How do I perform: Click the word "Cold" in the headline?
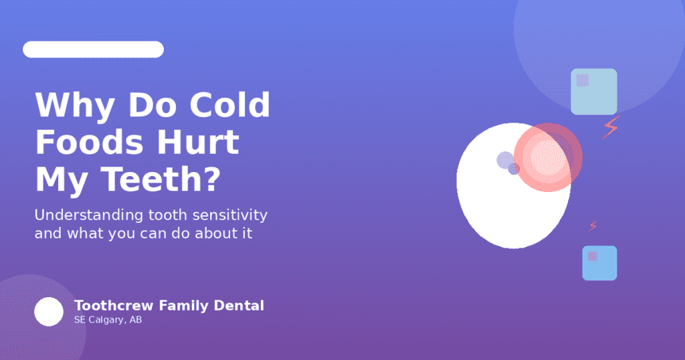click(x=229, y=106)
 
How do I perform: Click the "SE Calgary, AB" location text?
click(x=108, y=320)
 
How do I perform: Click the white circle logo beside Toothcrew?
click(x=49, y=312)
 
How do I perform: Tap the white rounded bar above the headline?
click(x=93, y=50)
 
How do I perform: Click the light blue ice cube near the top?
click(x=594, y=92)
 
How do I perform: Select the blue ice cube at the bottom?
click(x=599, y=263)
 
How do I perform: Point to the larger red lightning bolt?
click(x=611, y=126)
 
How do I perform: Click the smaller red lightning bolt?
click(x=593, y=226)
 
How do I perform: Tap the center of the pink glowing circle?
click(x=548, y=158)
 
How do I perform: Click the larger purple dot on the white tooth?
click(x=505, y=160)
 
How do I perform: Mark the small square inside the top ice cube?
click(x=583, y=80)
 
